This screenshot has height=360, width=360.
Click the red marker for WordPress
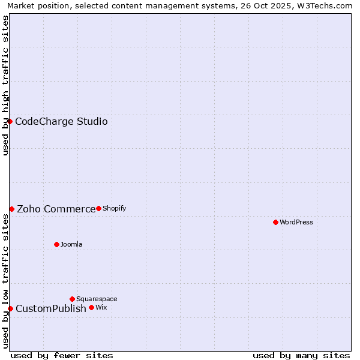coord(275,222)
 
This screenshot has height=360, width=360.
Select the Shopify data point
coord(98,208)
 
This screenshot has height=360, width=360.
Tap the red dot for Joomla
coord(56,244)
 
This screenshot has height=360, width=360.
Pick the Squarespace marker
coord(72,299)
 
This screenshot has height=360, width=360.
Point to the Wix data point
coord(91,307)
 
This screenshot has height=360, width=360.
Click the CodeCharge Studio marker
coord(10,121)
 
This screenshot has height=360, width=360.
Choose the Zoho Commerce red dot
coord(11,209)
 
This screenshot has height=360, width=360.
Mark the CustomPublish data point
coord(10,308)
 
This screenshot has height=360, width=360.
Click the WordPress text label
coord(296,222)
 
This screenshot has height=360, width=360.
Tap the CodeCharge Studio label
coord(61,122)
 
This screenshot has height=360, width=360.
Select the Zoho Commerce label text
coord(56,209)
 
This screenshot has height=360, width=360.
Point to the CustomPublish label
coord(51,309)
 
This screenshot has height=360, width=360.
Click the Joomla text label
coord(71,244)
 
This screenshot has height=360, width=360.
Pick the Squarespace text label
coord(97,299)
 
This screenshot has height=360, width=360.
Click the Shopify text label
coord(114,208)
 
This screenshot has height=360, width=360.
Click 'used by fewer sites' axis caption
coord(62,355)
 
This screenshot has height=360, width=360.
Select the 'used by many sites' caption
coord(301,355)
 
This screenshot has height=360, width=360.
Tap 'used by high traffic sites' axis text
coord(5,85)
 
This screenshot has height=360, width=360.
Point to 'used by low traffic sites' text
coord(5,281)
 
